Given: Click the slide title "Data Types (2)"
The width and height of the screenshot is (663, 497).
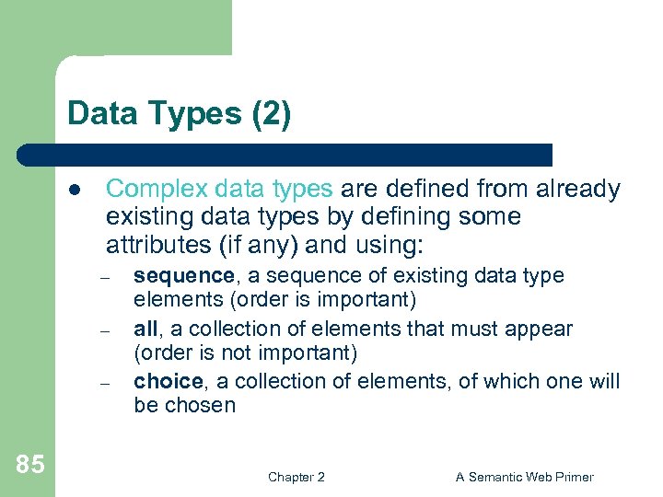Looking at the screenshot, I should coord(179,115).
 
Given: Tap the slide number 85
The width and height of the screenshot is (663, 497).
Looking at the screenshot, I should coord(29,465).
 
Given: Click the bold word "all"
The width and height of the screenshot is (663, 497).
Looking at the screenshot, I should coord(145,329).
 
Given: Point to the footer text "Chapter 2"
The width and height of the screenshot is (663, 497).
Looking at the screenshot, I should coord(296,477).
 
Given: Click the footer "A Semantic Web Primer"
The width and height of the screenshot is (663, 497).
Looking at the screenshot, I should coord(525,477).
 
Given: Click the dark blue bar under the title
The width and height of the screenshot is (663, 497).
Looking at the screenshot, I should coord(285,155).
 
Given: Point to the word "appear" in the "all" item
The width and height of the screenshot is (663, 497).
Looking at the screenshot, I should coord(541,329).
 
